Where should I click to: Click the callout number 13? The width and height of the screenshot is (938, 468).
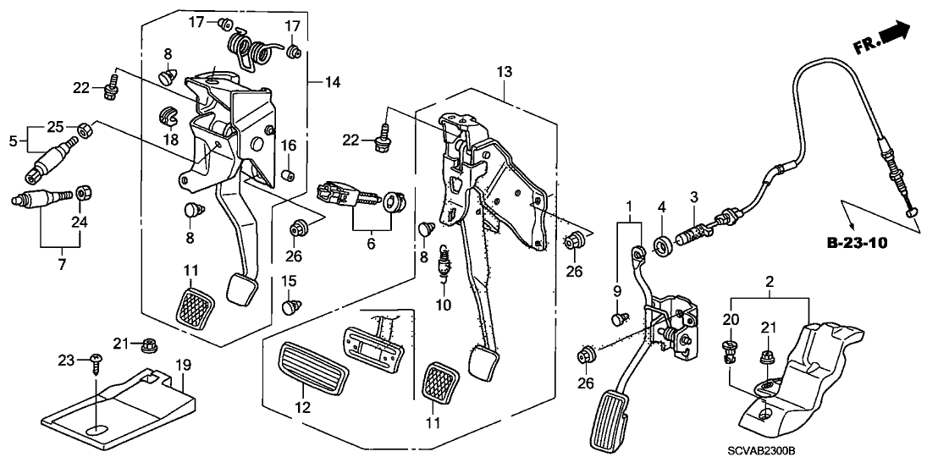click(x=505, y=74)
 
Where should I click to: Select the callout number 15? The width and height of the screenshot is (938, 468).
click(x=289, y=280)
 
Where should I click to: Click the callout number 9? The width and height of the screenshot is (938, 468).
click(x=617, y=292)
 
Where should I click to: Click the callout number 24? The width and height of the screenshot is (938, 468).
click(x=82, y=222)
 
